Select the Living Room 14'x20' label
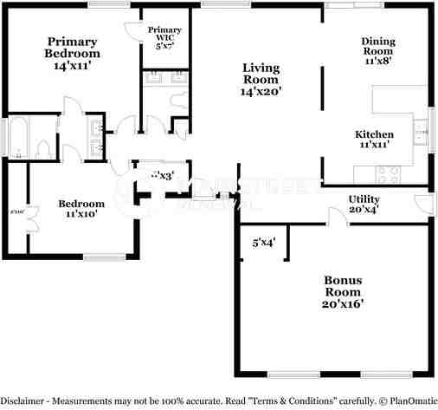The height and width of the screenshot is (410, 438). [x=260, y=79]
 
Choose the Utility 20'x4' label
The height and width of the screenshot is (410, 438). [x=364, y=205]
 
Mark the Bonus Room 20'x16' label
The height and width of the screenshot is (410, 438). [x=343, y=292]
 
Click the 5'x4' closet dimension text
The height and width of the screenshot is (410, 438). [x=264, y=244]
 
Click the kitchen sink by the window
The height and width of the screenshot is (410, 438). [x=422, y=131]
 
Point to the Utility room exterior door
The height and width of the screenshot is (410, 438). [x=422, y=203]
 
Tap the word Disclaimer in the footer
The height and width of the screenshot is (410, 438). [x=24, y=401]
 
